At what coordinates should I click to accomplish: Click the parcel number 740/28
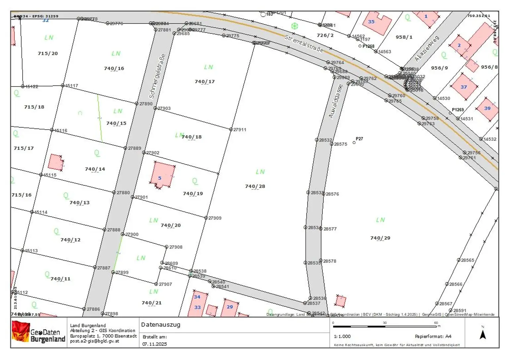255,186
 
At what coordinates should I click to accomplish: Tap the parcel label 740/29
380,238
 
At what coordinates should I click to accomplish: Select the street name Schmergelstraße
157,76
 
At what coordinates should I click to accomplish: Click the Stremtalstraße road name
304,44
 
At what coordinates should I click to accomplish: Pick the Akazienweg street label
427,49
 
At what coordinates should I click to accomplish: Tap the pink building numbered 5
162,175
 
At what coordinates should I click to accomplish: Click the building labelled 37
464,87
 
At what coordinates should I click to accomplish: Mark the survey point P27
354,142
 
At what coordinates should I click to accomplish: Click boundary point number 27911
231,129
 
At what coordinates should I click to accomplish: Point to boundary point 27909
206,218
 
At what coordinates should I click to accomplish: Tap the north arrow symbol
482,334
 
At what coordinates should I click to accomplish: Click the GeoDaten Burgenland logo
38,332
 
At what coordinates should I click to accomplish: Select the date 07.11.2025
155,344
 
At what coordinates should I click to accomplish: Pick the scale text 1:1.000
342,336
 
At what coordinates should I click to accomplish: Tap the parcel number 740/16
114,69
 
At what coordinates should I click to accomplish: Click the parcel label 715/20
48,53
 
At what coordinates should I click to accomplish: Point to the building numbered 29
230,307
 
